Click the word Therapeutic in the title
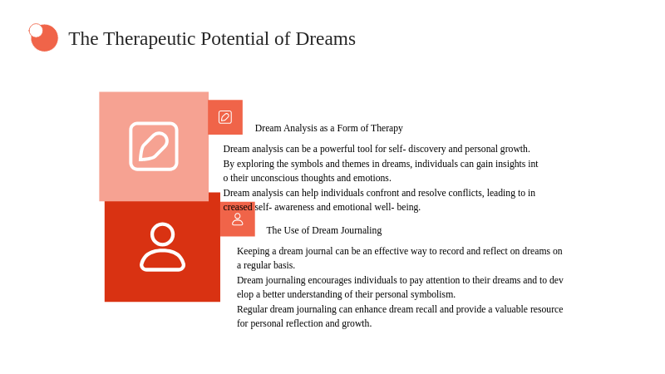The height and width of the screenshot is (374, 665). pos(150,39)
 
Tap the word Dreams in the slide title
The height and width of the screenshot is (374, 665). pos(325,38)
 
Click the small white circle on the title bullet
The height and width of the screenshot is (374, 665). pos(36,31)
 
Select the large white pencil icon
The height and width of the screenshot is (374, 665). pos(154,146)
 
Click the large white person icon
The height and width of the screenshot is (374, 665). pos(162,246)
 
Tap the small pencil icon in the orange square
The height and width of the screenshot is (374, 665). pos(225,117)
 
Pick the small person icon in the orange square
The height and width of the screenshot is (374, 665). pos(238,219)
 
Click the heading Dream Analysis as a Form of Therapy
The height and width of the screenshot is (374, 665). pos(328,128)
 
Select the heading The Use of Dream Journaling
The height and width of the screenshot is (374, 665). pos(324,230)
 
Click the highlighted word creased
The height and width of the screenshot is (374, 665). pos(238,207)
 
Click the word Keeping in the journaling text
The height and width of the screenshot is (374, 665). pos(253,252)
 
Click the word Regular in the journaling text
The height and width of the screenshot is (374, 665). pos(252,309)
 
